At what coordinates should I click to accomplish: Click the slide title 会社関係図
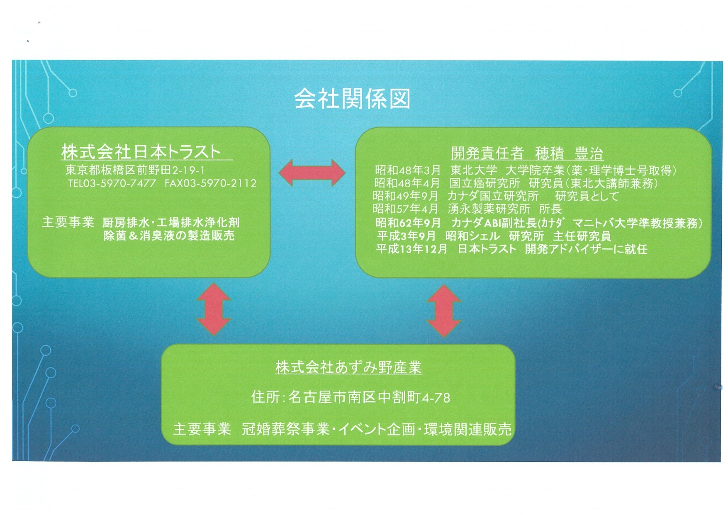[352, 99]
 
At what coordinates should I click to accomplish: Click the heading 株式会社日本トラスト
[141, 152]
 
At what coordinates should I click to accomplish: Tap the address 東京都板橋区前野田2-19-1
[135, 170]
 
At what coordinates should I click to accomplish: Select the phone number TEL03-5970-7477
[112, 183]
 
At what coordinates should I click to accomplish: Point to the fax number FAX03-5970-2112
[210, 183]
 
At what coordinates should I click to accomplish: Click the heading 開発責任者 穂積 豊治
[527, 153]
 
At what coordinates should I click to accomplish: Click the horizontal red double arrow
[312, 173]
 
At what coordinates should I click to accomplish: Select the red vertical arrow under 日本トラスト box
[214, 309]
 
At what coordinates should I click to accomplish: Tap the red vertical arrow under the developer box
[444, 311]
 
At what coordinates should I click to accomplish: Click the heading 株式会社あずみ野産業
[349, 367]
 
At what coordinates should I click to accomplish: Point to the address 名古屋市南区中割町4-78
[369, 398]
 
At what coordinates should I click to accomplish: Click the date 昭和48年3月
[408, 170]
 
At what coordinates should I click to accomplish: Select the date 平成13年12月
[412, 249]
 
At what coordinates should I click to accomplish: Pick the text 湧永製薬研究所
[489, 209]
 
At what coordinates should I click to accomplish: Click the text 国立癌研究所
[485, 183]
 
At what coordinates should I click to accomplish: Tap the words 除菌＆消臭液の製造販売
[169, 236]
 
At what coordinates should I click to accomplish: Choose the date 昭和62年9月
[408, 223]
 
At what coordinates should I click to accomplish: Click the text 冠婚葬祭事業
[286, 429]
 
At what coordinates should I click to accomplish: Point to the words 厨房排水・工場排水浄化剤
[171, 223]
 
